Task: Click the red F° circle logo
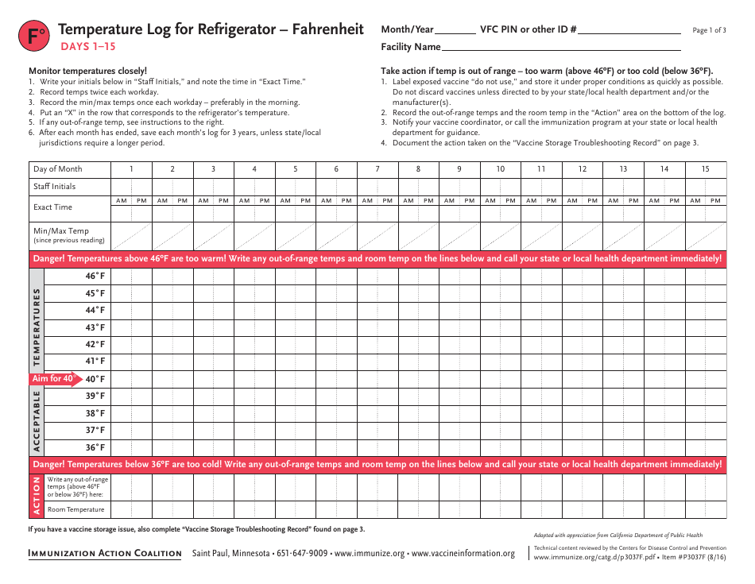34,36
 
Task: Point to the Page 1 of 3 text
709,30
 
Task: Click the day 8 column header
419,169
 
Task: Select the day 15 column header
706,169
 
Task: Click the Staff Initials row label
55,187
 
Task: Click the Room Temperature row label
75,509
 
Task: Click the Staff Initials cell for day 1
132,187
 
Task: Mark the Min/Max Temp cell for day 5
296,235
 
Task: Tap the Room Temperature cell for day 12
583,509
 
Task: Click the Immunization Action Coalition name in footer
105,554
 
